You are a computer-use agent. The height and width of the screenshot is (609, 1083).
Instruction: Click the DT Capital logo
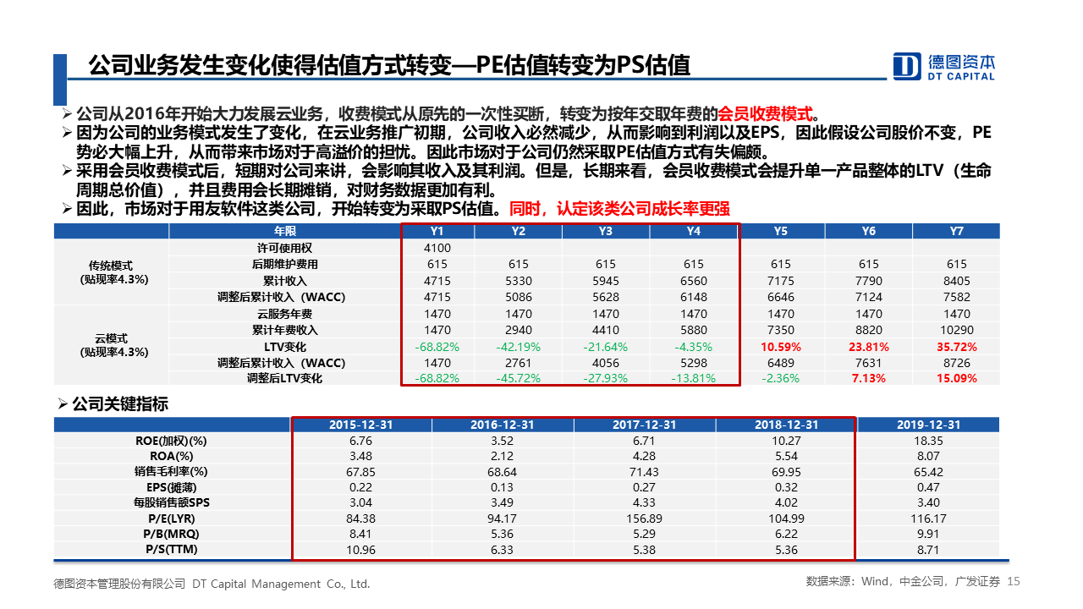tap(944, 66)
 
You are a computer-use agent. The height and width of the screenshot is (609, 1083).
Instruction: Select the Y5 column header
tap(780, 231)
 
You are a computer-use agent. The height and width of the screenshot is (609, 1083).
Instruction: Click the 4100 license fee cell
tap(437, 248)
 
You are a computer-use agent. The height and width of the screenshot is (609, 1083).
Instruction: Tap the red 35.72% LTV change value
tap(956, 347)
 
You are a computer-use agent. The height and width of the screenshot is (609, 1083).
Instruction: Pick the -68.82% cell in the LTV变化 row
tap(437, 347)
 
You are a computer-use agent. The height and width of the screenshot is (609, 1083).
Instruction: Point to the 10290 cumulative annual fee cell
tap(956, 330)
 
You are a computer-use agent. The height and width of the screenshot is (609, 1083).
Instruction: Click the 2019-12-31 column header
tap(928, 425)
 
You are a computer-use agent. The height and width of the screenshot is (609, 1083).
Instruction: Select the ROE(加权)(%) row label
tap(171, 441)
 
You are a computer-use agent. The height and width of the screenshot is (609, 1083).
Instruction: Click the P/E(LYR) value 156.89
tap(645, 518)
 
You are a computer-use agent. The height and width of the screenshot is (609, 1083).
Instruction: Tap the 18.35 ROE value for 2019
tap(928, 441)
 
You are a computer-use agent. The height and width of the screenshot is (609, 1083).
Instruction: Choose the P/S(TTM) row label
tap(171, 550)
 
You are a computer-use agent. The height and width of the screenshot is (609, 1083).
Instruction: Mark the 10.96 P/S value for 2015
tap(361, 550)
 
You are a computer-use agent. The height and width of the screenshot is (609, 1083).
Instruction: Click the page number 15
tap(1015, 582)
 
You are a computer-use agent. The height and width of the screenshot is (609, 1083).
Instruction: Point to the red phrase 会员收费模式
tap(764, 113)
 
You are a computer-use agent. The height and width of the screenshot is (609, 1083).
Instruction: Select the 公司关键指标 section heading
tap(120, 404)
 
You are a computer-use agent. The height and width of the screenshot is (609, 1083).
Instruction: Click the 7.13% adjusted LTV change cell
tap(868, 378)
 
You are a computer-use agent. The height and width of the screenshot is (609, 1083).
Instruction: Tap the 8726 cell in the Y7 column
tap(956, 363)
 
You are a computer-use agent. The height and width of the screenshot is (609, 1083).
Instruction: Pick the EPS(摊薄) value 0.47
tap(928, 487)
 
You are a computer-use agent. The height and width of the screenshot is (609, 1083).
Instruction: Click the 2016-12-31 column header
tap(503, 425)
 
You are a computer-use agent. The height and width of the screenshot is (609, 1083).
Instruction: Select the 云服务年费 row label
tap(284, 314)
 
